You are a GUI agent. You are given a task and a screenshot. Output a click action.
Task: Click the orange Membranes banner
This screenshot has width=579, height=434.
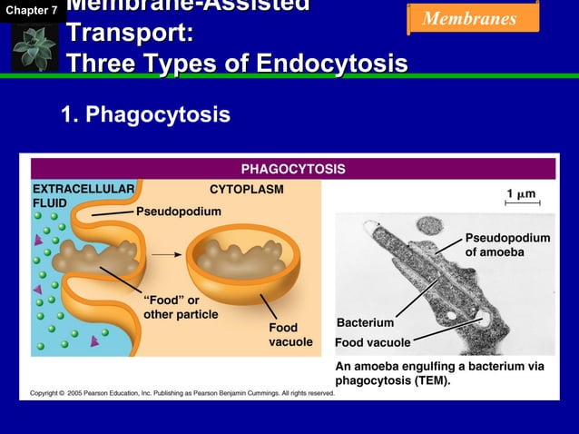[471, 18]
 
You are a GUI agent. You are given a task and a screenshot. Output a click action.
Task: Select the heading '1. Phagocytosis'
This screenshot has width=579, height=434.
[145, 115]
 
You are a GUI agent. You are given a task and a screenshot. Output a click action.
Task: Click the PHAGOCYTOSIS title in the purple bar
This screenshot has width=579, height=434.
[292, 169]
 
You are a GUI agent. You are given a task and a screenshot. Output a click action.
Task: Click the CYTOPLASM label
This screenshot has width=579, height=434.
[246, 190]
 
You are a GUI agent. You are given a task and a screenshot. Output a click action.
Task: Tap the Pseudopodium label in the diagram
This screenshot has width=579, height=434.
[179, 211]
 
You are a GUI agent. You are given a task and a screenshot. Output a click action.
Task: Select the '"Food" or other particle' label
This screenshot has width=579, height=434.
[181, 307]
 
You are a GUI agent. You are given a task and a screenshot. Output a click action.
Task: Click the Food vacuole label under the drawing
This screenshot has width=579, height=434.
[289, 334]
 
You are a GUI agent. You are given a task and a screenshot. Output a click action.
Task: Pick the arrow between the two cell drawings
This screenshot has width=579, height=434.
[164, 255]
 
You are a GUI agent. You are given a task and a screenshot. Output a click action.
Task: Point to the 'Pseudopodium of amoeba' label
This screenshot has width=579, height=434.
[507, 244]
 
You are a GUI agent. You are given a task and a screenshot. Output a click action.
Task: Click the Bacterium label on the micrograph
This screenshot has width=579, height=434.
[365, 322]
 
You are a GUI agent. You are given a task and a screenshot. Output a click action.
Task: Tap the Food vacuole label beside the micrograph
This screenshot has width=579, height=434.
[372, 342]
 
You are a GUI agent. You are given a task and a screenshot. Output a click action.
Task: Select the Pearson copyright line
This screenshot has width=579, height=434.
[182, 393]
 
